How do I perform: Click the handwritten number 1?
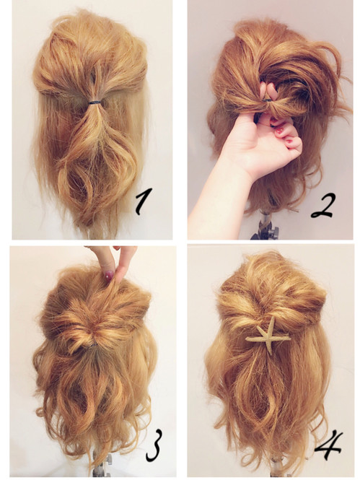(x=143, y=201)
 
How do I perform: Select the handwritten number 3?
(x=153, y=446)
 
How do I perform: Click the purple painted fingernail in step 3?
(x=109, y=276)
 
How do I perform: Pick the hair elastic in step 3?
(x=92, y=345)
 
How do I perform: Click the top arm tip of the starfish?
(x=272, y=318)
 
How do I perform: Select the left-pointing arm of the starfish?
(x=253, y=339)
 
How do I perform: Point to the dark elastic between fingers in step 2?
(x=267, y=100)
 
